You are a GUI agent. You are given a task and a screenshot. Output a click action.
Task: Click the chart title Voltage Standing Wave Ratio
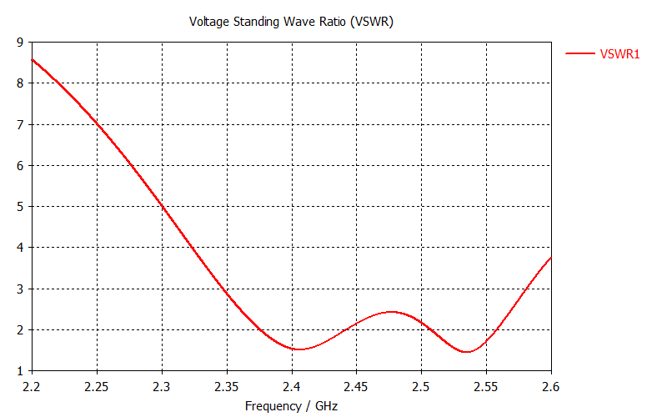[291, 22]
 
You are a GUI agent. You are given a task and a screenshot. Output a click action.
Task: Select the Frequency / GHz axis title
[291, 405]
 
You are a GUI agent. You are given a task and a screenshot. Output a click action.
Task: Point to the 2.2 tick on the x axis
[33, 387]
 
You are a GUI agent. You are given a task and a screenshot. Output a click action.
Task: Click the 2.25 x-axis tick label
[98, 387]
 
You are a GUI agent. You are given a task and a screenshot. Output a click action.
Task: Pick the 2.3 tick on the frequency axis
[162, 387]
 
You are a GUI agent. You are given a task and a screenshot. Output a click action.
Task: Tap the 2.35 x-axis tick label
[227, 387]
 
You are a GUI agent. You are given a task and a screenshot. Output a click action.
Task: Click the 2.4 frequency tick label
[292, 387]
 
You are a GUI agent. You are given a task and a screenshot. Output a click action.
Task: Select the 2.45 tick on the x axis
[356, 387]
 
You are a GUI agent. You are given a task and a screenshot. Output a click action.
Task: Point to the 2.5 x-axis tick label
[421, 387]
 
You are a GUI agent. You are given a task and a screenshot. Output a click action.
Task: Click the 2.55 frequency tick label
[486, 387]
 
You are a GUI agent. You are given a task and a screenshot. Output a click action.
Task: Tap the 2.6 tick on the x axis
[550, 387]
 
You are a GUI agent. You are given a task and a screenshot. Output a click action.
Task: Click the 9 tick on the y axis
[20, 42]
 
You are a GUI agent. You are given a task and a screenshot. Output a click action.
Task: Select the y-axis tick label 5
[20, 206]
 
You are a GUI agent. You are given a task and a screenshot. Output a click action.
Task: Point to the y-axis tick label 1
[20, 371]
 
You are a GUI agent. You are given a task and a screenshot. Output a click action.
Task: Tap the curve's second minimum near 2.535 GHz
[467, 352]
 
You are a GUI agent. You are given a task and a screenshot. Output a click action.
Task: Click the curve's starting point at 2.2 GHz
[33, 59]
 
